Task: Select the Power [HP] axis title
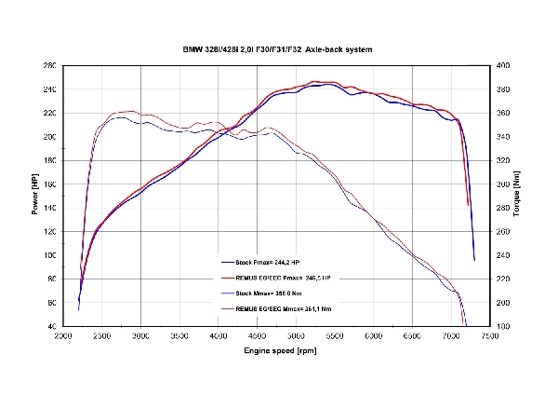point(34,196)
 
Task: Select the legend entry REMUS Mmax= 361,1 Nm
point(280,308)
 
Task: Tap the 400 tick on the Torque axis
point(503,66)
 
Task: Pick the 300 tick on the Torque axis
point(503,184)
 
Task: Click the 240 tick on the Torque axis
point(503,255)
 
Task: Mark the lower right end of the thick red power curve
point(468,204)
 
